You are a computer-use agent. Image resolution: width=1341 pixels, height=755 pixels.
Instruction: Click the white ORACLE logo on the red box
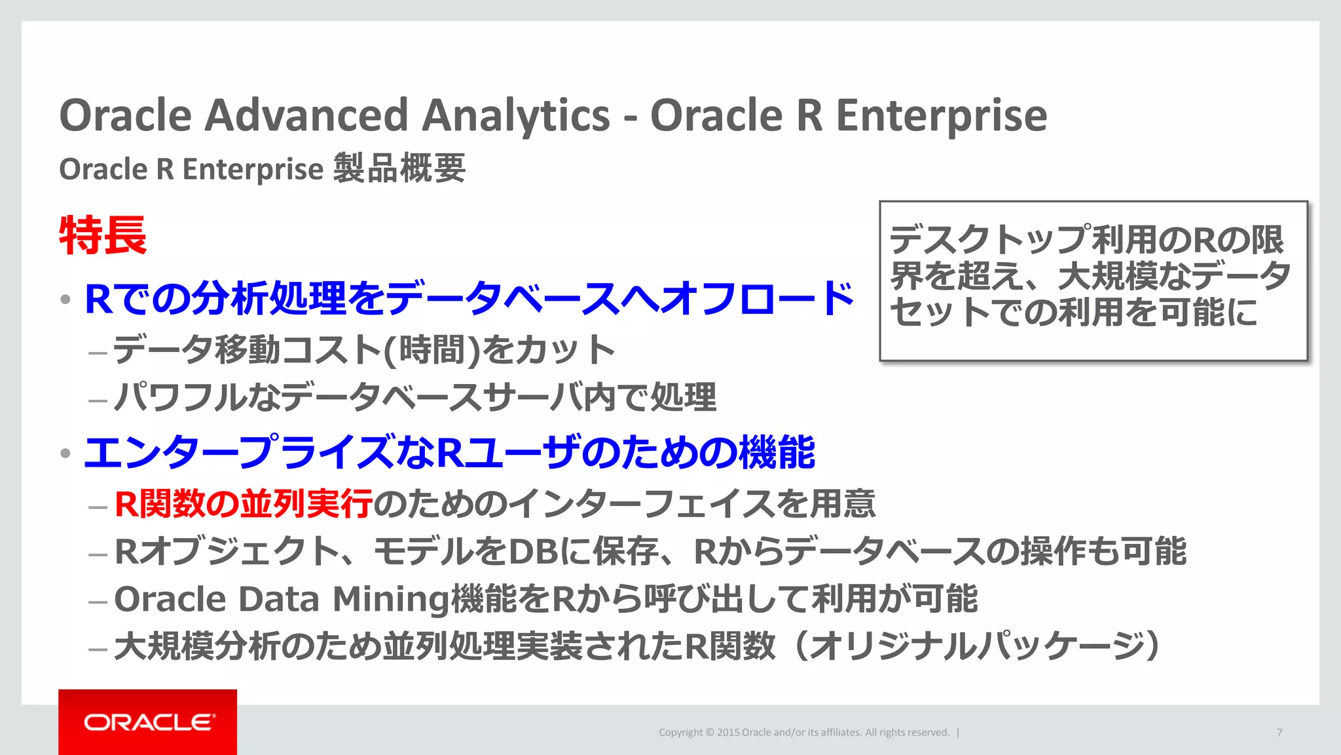pyautogui.click(x=149, y=722)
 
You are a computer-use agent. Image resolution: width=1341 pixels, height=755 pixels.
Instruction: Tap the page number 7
pyautogui.click(x=1279, y=732)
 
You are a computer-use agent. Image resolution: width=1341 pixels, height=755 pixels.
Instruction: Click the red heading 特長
pyautogui.click(x=103, y=235)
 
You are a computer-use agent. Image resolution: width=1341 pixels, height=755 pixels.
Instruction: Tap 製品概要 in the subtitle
pyautogui.click(x=399, y=168)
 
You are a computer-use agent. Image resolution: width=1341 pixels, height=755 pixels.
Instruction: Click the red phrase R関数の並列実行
pyautogui.click(x=243, y=504)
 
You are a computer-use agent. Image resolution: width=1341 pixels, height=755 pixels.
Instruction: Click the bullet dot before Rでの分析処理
pyautogui.click(x=65, y=300)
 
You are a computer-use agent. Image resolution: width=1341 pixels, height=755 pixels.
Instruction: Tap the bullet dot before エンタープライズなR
pyautogui.click(x=65, y=454)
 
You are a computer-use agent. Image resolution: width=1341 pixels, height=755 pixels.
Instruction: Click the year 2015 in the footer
pyautogui.click(x=727, y=732)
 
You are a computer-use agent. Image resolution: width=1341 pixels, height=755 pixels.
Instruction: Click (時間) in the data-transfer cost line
pyautogui.click(x=432, y=349)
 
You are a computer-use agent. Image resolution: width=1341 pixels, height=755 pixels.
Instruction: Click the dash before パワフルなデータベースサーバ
pyautogui.click(x=98, y=400)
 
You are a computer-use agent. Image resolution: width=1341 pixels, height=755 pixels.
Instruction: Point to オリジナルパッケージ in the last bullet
pyautogui.click(x=976, y=646)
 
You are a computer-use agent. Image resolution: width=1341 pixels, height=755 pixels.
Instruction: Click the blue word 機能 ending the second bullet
pyautogui.click(x=777, y=453)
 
